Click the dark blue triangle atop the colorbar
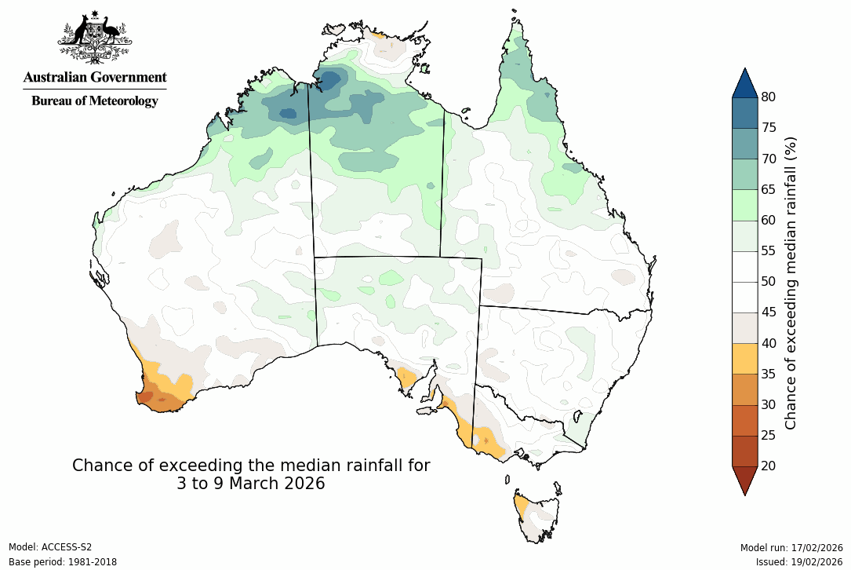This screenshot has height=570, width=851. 744,83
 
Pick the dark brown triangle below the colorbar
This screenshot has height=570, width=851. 744,479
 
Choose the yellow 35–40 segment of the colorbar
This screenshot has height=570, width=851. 744,358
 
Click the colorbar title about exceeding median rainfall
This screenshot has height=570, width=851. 791,282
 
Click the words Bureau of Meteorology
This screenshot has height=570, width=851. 94,100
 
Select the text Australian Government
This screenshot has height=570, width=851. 94,77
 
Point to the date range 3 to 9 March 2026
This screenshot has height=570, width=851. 251,484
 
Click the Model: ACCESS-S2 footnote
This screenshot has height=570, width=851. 50,547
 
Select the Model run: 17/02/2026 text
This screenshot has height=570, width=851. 791,547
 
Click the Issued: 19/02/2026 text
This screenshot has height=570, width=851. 799,561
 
